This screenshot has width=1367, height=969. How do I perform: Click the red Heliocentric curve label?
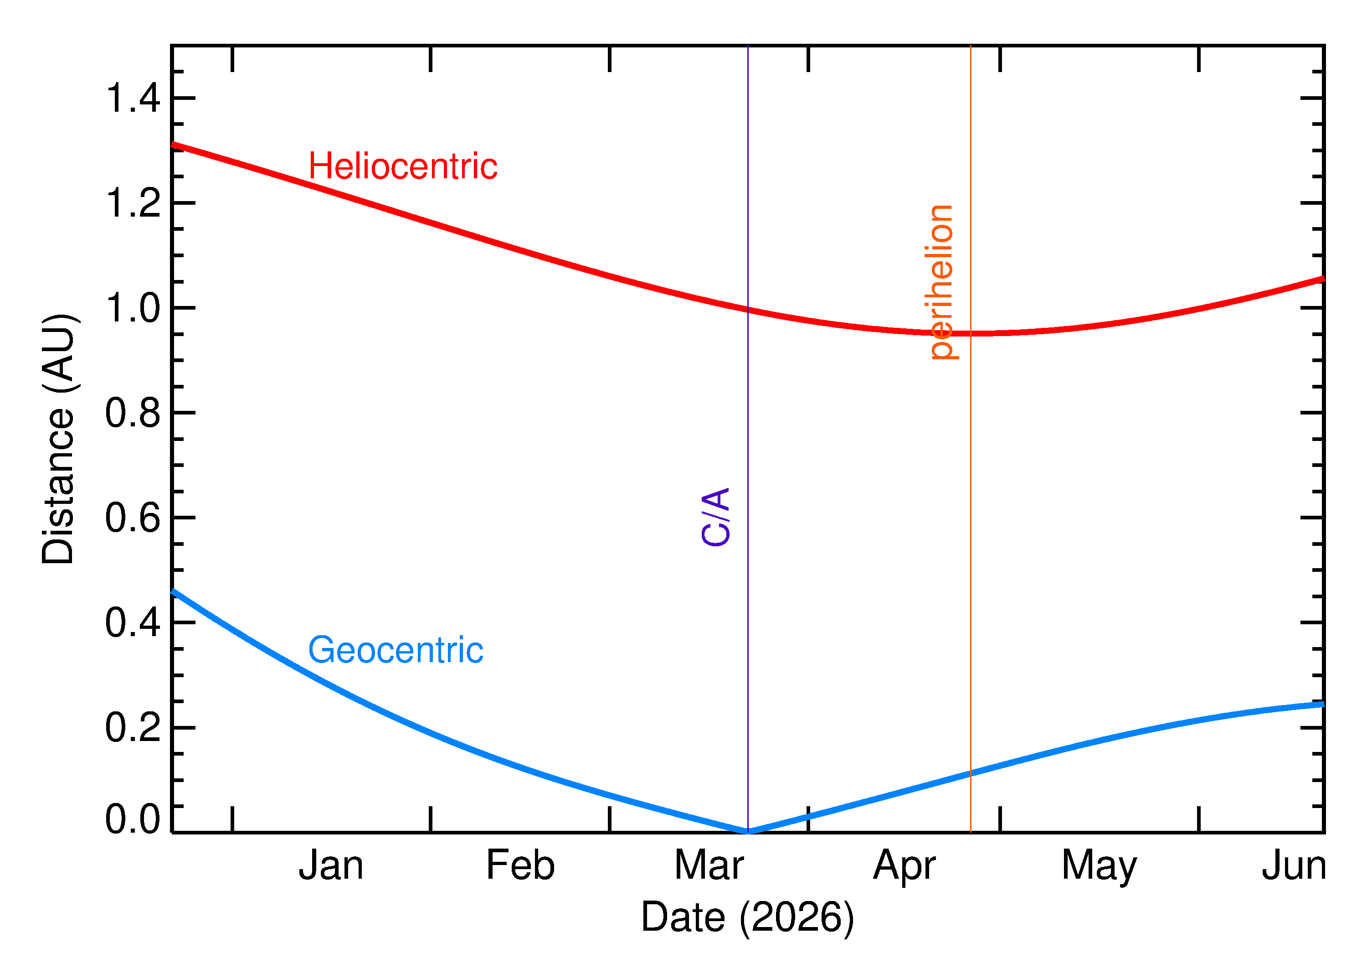click(x=402, y=166)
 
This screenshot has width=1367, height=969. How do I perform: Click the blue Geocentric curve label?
click(x=395, y=650)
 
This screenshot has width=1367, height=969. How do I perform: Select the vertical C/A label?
click(x=716, y=517)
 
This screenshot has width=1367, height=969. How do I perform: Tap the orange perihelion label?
click(x=941, y=282)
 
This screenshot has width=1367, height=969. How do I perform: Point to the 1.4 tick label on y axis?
click(x=132, y=98)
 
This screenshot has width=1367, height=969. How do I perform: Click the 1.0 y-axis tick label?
click(x=132, y=308)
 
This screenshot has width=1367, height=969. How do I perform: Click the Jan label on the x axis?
click(x=331, y=866)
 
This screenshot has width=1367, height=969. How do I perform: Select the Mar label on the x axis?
click(x=709, y=866)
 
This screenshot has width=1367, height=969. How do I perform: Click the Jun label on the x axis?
click(x=1294, y=866)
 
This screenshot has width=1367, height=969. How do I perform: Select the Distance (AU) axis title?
click(x=58, y=439)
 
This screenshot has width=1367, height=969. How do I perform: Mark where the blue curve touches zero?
click(x=748, y=831)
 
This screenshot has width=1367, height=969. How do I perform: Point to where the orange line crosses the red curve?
click(x=971, y=333)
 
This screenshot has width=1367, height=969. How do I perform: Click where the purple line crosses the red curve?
click(x=748, y=310)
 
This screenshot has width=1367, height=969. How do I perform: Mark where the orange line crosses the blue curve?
click(x=971, y=773)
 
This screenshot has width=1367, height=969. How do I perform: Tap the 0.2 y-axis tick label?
click(x=132, y=727)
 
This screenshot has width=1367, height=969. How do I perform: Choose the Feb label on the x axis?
click(x=520, y=866)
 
